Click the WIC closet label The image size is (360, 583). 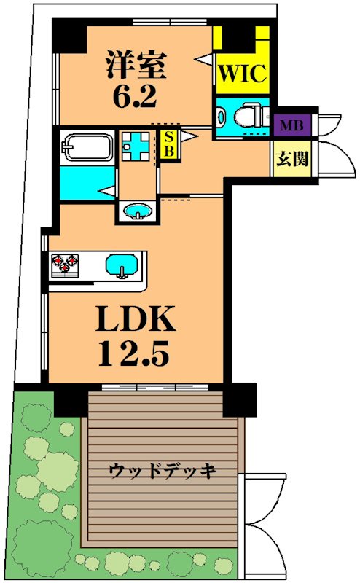243,74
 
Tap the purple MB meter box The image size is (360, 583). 292,125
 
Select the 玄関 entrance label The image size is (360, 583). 292,159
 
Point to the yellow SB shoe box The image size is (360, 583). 170,144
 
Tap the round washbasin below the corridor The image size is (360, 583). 138,211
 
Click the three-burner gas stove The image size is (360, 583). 66,265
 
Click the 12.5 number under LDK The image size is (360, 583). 134,353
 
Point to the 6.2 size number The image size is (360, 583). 135,96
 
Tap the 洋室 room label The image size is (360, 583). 136,65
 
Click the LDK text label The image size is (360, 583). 136,318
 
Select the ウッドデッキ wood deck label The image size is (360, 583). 163,472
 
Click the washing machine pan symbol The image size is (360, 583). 136,146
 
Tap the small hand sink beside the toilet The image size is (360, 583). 222,116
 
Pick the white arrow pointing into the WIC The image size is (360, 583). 205,59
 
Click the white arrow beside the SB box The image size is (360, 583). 189,136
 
